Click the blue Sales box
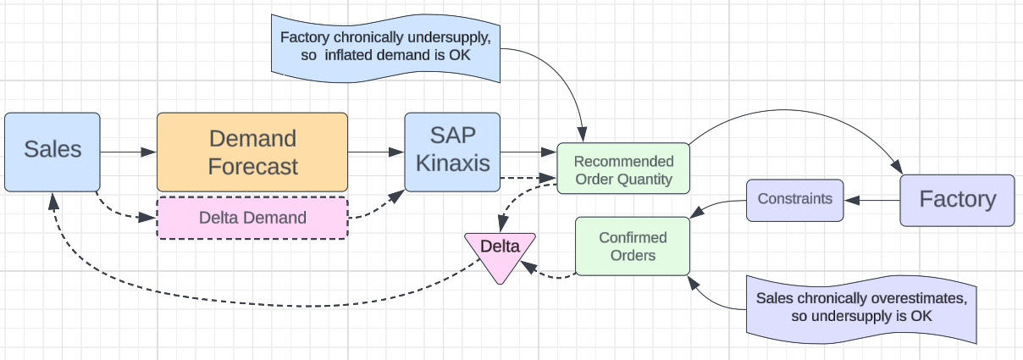pyautogui.click(x=53, y=151)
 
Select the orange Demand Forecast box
pyautogui.click(x=252, y=152)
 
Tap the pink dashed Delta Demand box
pyautogui.click(x=252, y=218)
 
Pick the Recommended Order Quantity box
pyautogui.click(x=623, y=169)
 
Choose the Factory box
pyautogui.click(x=957, y=200)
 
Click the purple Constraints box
pyautogui.click(x=794, y=200)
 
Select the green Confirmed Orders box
pyautogui.click(x=633, y=246)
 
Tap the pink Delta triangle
pyautogui.click(x=500, y=252)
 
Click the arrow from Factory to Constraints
pyautogui.click(x=872, y=201)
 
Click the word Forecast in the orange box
pyautogui.click(x=252, y=166)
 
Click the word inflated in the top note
pyautogui.click(x=357, y=56)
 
